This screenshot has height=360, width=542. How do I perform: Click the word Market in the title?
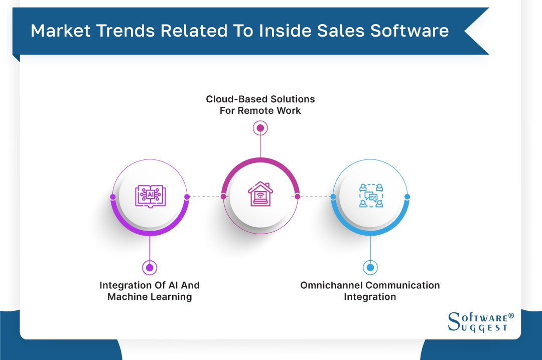(61, 31)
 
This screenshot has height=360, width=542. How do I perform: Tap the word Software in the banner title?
(410, 31)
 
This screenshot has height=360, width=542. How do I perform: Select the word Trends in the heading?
(125, 31)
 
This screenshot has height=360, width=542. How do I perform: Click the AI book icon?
(150, 196)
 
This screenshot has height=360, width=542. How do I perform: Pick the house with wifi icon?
(260, 194)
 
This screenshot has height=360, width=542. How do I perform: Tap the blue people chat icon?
(371, 196)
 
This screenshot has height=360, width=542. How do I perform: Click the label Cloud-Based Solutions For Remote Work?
(260, 105)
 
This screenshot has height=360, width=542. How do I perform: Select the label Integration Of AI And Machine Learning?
(150, 291)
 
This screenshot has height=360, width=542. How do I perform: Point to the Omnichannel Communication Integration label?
(370, 291)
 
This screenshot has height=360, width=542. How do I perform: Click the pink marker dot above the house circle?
(260, 128)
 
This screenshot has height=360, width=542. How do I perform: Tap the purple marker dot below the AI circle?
(150, 267)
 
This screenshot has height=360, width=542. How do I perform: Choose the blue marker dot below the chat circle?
(370, 267)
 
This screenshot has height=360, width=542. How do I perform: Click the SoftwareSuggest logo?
(481, 322)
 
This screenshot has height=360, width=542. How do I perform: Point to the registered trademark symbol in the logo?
(511, 316)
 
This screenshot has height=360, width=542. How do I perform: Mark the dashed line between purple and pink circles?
(205, 197)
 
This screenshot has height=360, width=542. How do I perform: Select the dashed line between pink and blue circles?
(315, 197)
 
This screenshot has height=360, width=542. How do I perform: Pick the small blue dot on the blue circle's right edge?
(407, 197)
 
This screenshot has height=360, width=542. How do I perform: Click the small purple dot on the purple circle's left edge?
(113, 197)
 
